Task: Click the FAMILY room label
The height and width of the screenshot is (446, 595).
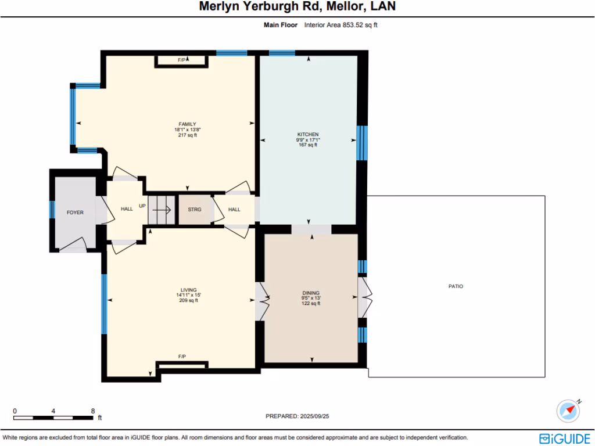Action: (x=187, y=124)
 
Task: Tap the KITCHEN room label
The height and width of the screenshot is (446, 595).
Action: (x=307, y=134)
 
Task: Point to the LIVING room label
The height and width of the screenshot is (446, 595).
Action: (x=188, y=290)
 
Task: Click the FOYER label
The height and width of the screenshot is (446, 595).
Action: (x=75, y=213)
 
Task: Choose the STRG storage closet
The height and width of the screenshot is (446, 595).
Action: (x=195, y=210)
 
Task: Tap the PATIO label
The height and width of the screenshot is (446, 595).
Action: (x=456, y=286)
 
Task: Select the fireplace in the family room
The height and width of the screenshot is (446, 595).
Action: (x=181, y=60)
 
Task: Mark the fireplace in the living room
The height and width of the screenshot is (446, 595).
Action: (x=181, y=365)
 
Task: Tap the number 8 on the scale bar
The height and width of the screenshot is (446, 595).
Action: (x=93, y=411)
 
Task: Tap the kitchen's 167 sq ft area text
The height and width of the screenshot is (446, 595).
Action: (x=307, y=145)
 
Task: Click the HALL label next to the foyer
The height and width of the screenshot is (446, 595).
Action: (x=127, y=209)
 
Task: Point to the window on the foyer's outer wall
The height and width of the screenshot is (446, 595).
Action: (x=52, y=210)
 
